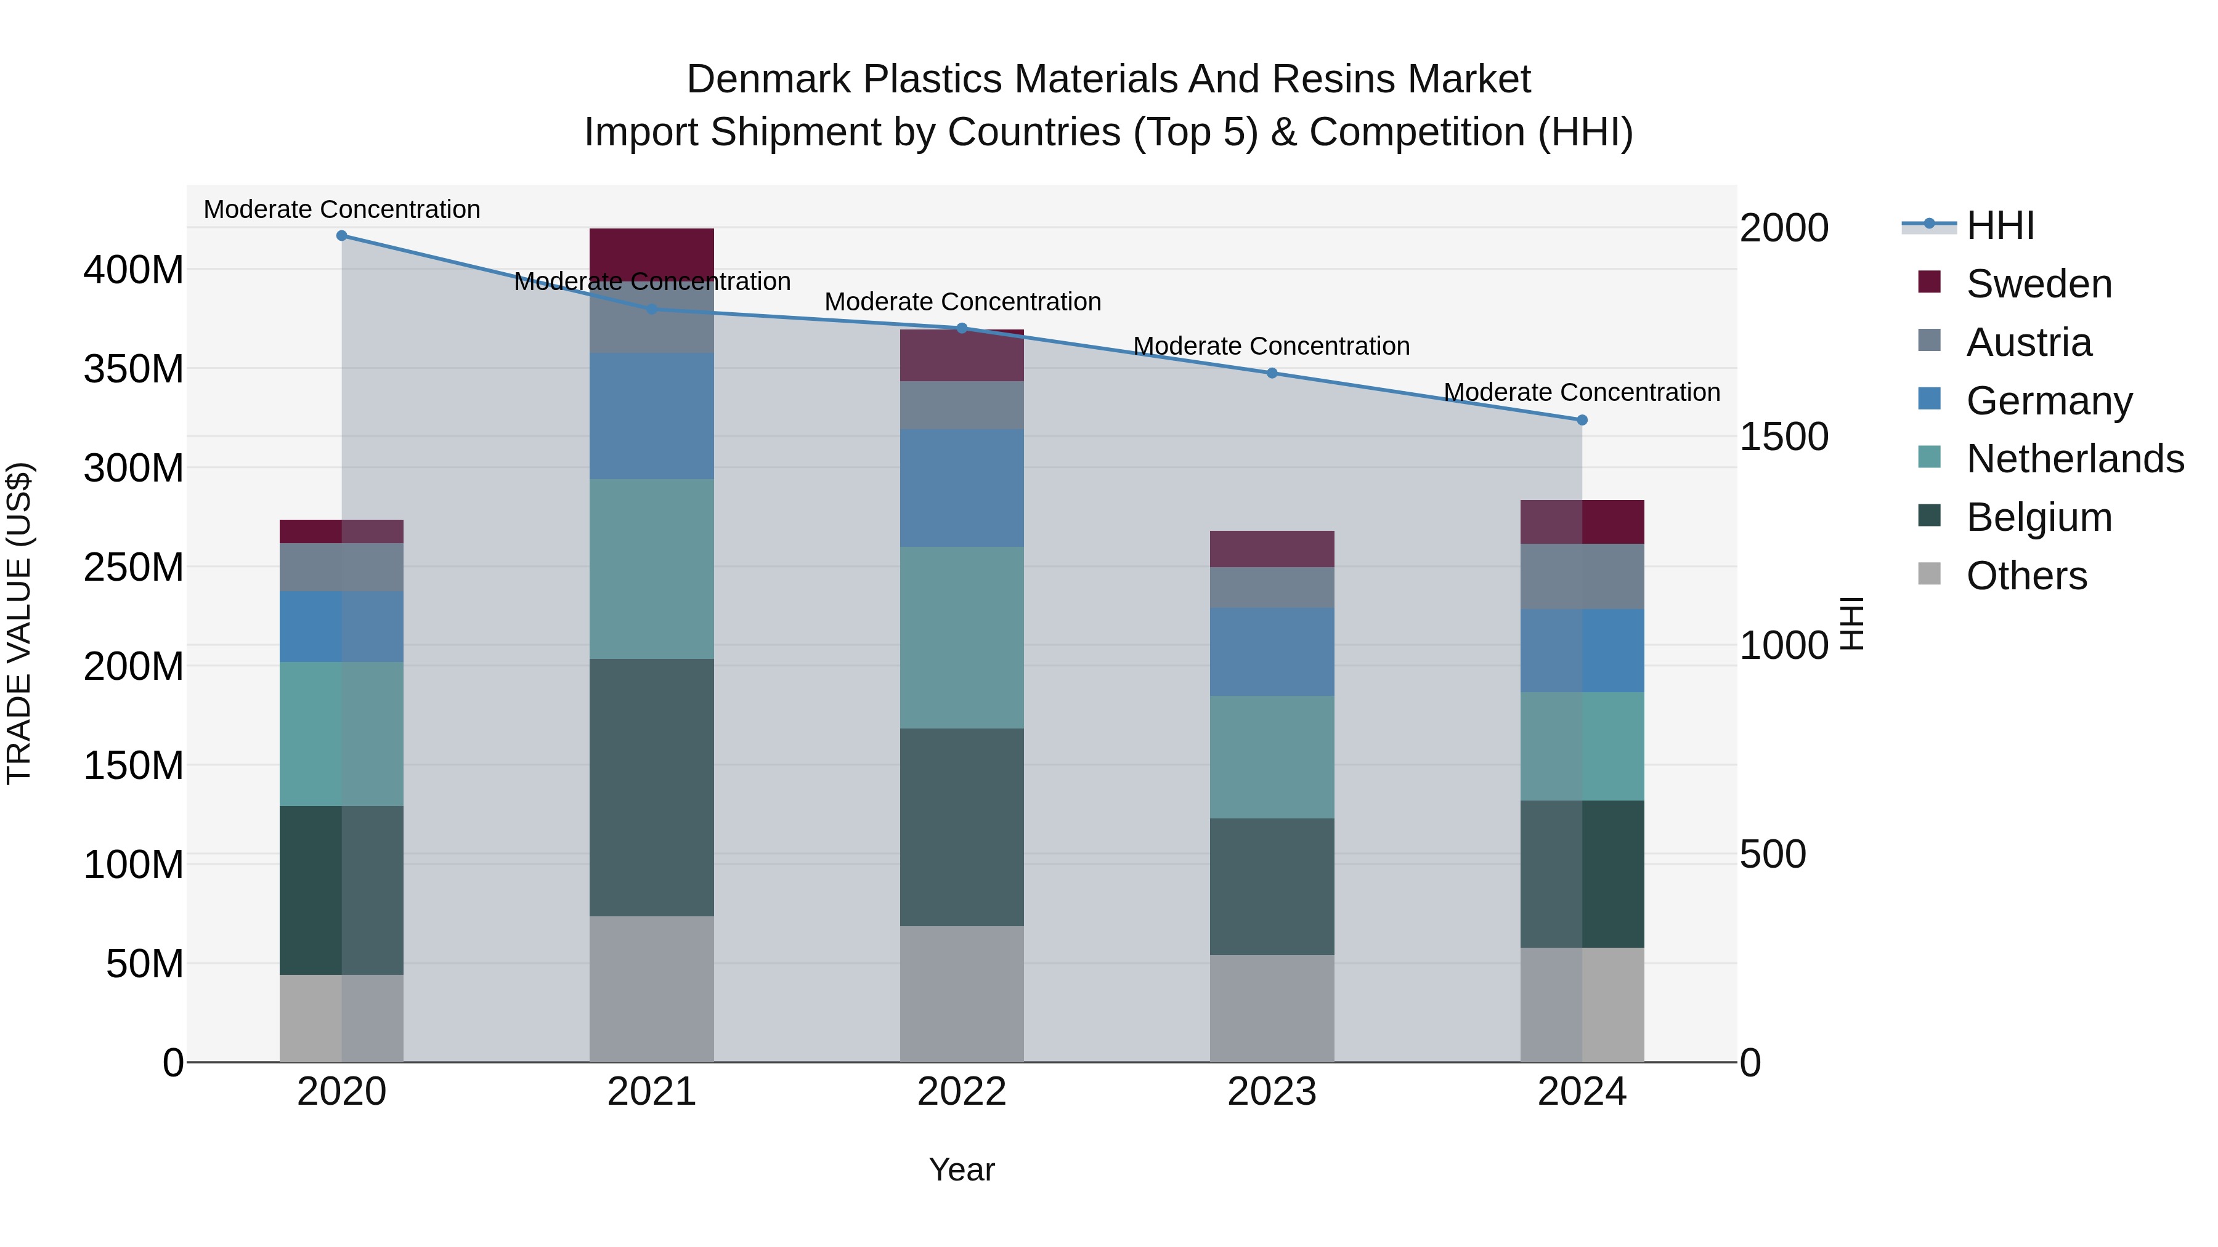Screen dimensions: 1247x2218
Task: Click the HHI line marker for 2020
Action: click(x=342, y=236)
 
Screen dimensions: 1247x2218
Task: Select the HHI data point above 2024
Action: click(x=1582, y=420)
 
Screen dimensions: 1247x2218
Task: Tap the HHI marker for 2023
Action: click(x=1272, y=374)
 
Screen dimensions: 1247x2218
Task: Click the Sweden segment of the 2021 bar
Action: click(x=652, y=251)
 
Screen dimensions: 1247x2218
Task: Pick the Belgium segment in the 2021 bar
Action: click(x=652, y=788)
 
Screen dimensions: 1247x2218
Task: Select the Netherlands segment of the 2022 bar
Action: click(x=962, y=638)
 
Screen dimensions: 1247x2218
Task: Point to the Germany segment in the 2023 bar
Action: click(x=1272, y=652)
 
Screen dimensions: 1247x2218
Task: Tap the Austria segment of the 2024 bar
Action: click(x=1582, y=576)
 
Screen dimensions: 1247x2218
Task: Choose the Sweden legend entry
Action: click(x=2038, y=284)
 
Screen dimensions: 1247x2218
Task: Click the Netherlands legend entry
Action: click(x=2074, y=459)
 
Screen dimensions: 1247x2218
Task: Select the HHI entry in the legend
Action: click(x=2000, y=225)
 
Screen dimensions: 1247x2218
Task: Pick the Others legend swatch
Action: click(x=1930, y=574)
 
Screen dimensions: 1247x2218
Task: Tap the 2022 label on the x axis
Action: click(x=962, y=1092)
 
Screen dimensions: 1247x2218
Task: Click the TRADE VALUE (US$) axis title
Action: click(x=19, y=624)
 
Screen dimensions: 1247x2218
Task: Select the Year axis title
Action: click(x=962, y=1169)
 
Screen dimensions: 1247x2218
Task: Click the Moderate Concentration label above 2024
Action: click(x=1582, y=392)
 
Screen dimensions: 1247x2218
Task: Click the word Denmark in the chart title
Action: click(x=770, y=79)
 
